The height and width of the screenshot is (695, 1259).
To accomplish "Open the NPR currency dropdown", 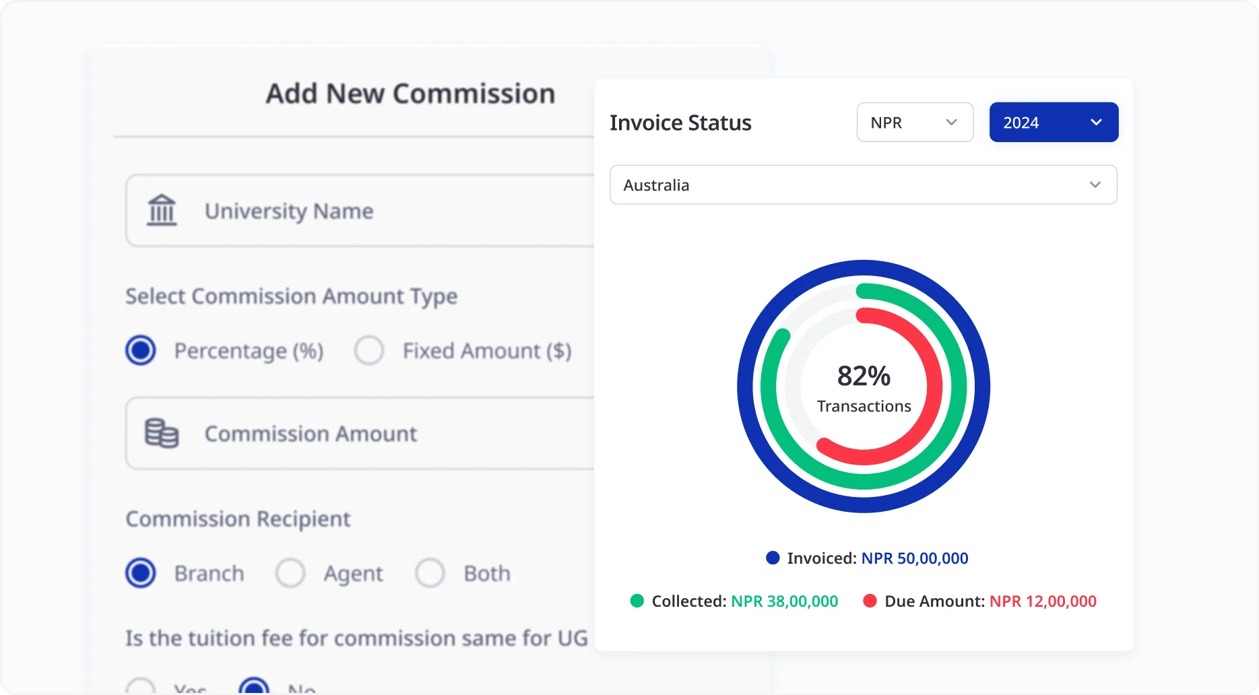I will [x=914, y=123].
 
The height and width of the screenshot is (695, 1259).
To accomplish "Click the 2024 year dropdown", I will [x=1053, y=123].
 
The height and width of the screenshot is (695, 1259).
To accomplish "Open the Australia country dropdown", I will [x=863, y=185].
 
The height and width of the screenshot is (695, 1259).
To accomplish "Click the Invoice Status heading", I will [x=680, y=123].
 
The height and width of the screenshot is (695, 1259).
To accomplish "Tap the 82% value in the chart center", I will [x=864, y=376].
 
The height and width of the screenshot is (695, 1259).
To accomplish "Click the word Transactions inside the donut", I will [x=864, y=407].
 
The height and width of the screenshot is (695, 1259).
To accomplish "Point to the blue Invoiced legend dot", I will [x=773, y=558].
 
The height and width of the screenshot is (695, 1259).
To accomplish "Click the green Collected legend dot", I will [x=637, y=601].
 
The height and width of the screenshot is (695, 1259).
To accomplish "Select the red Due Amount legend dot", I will [x=870, y=601].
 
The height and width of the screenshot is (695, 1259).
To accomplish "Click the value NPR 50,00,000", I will [x=914, y=558].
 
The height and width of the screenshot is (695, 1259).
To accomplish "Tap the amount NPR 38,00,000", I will [x=784, y=601].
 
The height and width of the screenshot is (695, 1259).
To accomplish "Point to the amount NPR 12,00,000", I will [x=1043, y=601].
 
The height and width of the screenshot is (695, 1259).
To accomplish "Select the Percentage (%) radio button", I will [x=141, y=350].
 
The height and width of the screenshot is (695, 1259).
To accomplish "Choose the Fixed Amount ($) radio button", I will [x=369, y=350].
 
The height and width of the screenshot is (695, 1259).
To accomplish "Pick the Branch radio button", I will [x=141, y=573].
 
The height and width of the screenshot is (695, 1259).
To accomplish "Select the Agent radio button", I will [x=290, y=573].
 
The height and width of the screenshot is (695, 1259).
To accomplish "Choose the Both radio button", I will [x=430, y=573].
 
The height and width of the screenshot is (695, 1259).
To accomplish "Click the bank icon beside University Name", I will [x=162, y=210].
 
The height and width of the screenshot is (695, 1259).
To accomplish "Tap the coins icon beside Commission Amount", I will [x=162, y=433].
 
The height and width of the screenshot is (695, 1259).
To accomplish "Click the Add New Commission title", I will [x=410, y=94].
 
